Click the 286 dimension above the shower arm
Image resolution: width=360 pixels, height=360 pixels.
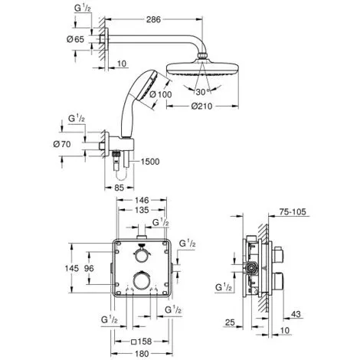(x=153, y=19)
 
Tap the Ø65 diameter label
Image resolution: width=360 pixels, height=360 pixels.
(x=75, y=39)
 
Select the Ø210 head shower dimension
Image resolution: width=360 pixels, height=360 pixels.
(x=201, y=106)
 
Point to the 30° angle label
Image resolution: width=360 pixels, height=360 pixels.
(x=203, y=92)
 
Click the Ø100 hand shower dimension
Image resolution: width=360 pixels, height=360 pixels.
(x=161, y=95)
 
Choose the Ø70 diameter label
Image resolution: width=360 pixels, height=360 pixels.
(x=62, y=144)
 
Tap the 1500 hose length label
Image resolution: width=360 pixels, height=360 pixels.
(x=150, y=162)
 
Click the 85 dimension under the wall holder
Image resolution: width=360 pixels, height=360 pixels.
(x=119, y=188)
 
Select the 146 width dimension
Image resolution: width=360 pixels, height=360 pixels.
(x=141, y=200)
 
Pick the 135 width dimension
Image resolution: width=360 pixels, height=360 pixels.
(x=142, y=210)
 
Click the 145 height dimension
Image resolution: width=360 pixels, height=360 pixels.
(x=72, y=268)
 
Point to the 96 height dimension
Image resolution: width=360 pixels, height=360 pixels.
(x=89, y=268)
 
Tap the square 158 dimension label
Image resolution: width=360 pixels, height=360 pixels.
(x=141, y=341)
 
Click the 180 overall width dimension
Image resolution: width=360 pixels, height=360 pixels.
(x=142, y=354)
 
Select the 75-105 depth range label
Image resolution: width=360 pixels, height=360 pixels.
(x=293, y=212)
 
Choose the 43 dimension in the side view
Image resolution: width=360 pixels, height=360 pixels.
(x=296, y=314)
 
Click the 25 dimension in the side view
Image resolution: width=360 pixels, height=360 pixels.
(x=230, y=322)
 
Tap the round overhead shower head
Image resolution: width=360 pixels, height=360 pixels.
(x=202, y=68)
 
